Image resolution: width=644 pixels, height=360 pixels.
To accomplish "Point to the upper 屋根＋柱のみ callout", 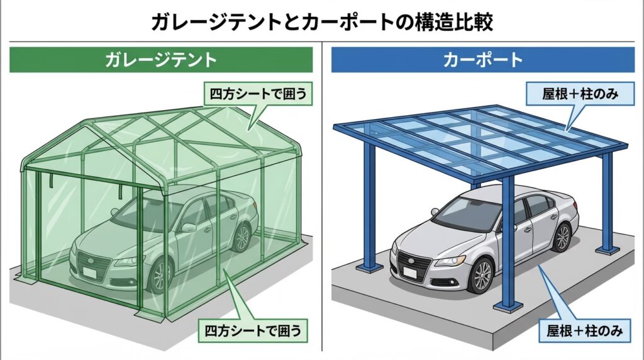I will tap(577, 95).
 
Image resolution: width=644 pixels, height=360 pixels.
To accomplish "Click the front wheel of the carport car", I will tap(482, 276).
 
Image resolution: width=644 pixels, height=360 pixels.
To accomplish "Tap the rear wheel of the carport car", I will tap(562, 237).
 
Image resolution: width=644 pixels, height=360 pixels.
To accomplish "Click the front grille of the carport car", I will tap(411, 259).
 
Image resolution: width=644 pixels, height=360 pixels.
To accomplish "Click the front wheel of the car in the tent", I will tap(161, 276).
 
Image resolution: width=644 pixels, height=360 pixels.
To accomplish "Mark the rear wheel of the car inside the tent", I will tap(241, 238).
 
